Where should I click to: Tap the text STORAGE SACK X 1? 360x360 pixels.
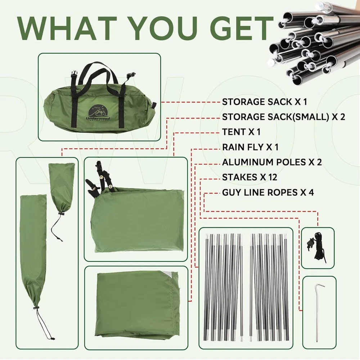tap(265, 102)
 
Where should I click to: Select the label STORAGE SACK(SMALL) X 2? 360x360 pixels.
tap(284, 117)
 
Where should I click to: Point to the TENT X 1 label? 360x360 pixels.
tap(241, 132)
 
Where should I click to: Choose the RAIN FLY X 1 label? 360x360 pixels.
tap(250, 147)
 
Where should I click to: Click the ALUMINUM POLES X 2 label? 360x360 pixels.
tap(272, 162)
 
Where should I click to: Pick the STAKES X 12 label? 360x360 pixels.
tap(249, 177)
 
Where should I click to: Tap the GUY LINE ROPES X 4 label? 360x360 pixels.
tap(268, 192)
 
